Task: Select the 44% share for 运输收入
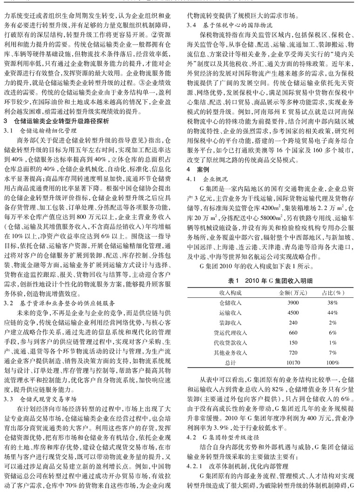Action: coord(332,312)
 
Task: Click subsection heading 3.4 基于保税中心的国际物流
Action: coord(230,23)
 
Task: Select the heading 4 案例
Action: coord(197,167)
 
